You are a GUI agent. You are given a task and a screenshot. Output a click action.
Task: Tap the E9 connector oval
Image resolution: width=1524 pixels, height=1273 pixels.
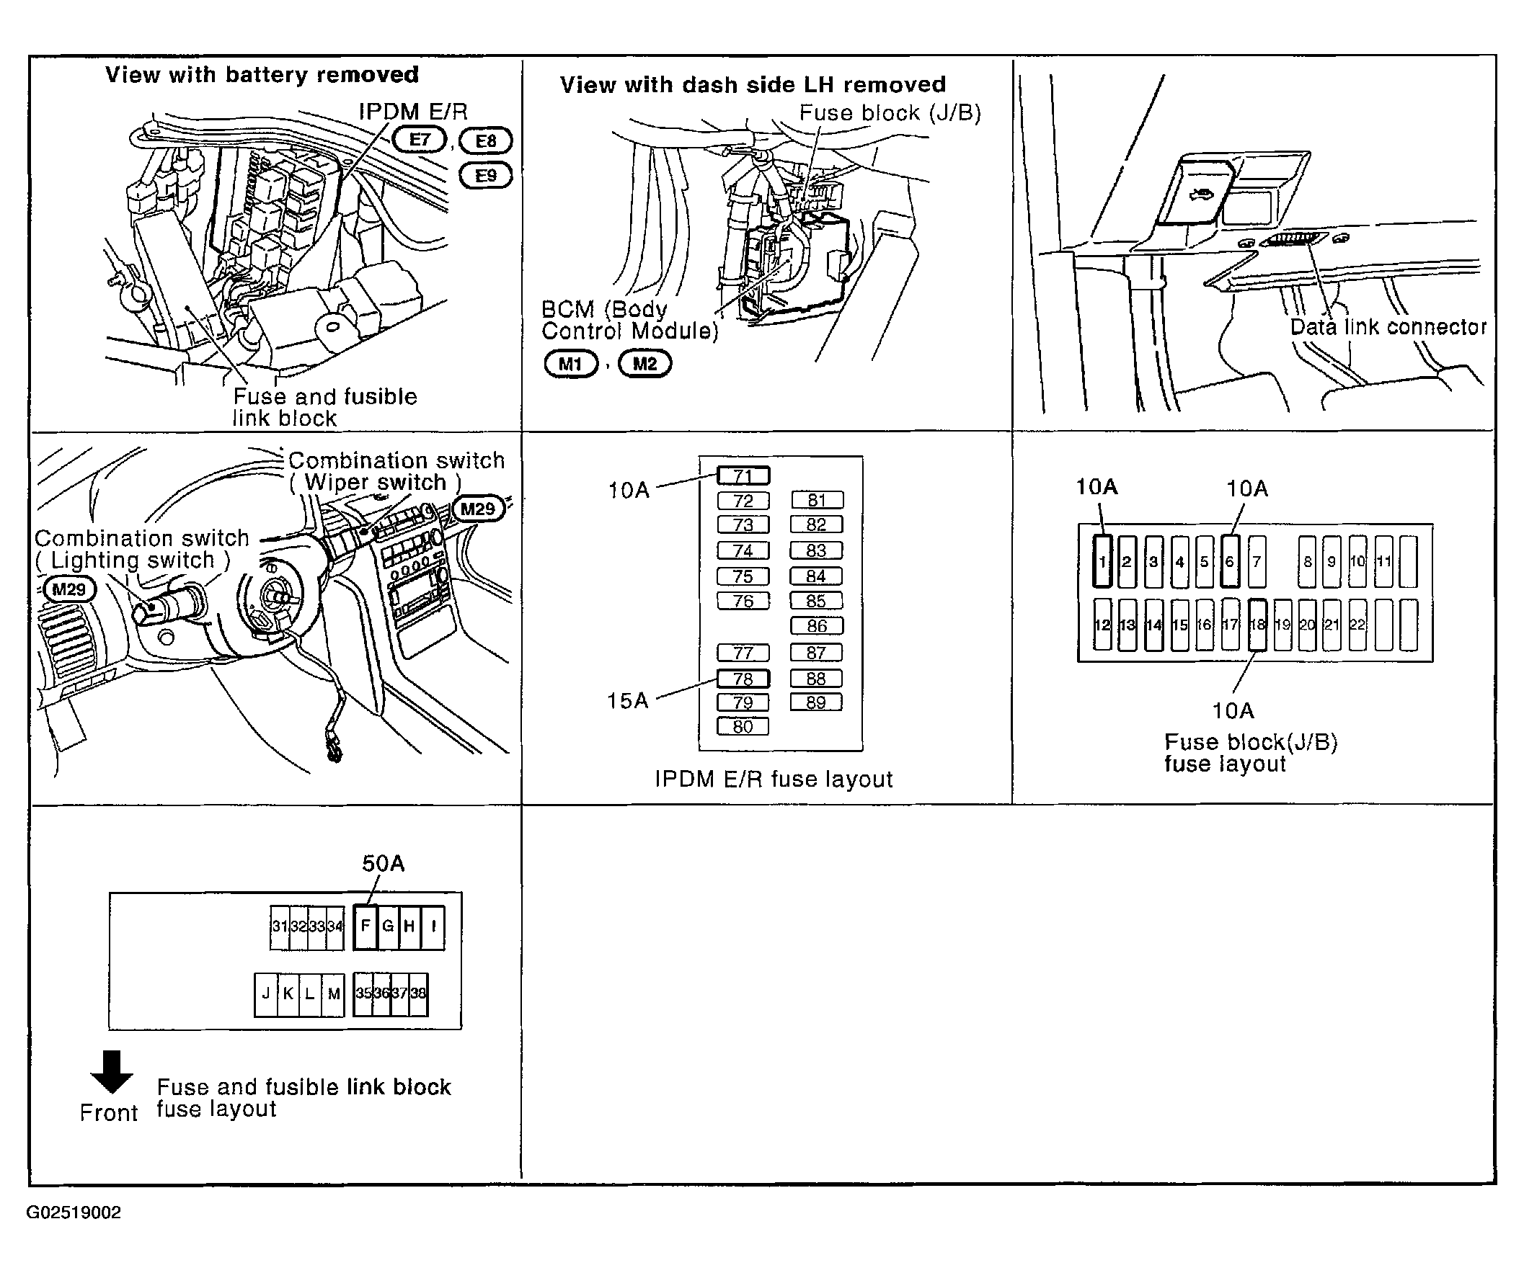pyautogui.click(x=485, y=176)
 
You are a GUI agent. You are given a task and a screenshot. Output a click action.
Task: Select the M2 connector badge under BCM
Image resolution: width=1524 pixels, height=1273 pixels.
pyautogui.click(x=644, y=363)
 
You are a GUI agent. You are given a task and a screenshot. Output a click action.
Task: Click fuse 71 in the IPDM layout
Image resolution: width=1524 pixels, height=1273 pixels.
pyautogui.click(x=743, y=475)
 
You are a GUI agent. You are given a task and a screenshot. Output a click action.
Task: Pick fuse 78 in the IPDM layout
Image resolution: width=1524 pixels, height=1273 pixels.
pyautogui.click(x=743, y=679)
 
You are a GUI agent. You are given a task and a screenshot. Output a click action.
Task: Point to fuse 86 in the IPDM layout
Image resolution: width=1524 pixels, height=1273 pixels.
pyautogui.click(x=816, y=625)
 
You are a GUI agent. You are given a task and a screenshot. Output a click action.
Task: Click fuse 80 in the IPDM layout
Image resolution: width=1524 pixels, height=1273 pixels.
pyautogui.click(x=743, y=726)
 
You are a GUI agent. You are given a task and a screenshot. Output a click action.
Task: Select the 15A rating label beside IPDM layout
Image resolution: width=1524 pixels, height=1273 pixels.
pyautogui.click(x=627, y=700)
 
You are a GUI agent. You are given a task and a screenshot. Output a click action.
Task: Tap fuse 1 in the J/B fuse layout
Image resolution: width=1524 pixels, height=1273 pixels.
pyautogui.click(x=1102, y=560)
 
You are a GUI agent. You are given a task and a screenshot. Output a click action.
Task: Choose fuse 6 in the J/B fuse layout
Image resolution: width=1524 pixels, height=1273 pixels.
pyautogui.click(x=1229, y=560)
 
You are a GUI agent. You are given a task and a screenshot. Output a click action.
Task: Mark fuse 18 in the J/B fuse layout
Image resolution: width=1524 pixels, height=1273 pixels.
pyautogui.click(x=1258, y=625)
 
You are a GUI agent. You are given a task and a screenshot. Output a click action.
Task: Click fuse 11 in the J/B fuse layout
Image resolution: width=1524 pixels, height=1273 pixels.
pyautogui.click(x=1384, y=561)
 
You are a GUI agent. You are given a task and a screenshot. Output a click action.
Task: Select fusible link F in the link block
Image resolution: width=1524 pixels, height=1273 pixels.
pyautogui.click(x=366, y=926)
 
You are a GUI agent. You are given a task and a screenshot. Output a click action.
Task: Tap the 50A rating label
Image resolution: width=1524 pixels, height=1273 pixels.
pyautogui.click(x=384, y=863)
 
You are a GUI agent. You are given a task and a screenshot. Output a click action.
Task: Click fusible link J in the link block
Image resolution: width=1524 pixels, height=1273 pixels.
pyautogui.click(x=265, y=993)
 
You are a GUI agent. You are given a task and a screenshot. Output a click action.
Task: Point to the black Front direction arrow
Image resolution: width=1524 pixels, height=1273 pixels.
pyautogui.click(x=111, y=1071)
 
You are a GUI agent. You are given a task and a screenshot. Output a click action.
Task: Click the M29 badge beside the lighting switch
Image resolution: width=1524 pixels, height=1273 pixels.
pyautogui.click(x=69, y=589)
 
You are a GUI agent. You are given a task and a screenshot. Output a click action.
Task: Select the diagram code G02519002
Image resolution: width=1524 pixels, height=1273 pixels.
pyautogui.click(x=74, y=1212)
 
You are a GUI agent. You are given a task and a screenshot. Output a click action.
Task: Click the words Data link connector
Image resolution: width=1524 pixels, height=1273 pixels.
pyautogui.click(x=1388, y=327)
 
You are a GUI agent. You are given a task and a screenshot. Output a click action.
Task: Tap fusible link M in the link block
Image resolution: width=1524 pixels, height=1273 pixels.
pyautogui.click(x=334, y=993)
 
